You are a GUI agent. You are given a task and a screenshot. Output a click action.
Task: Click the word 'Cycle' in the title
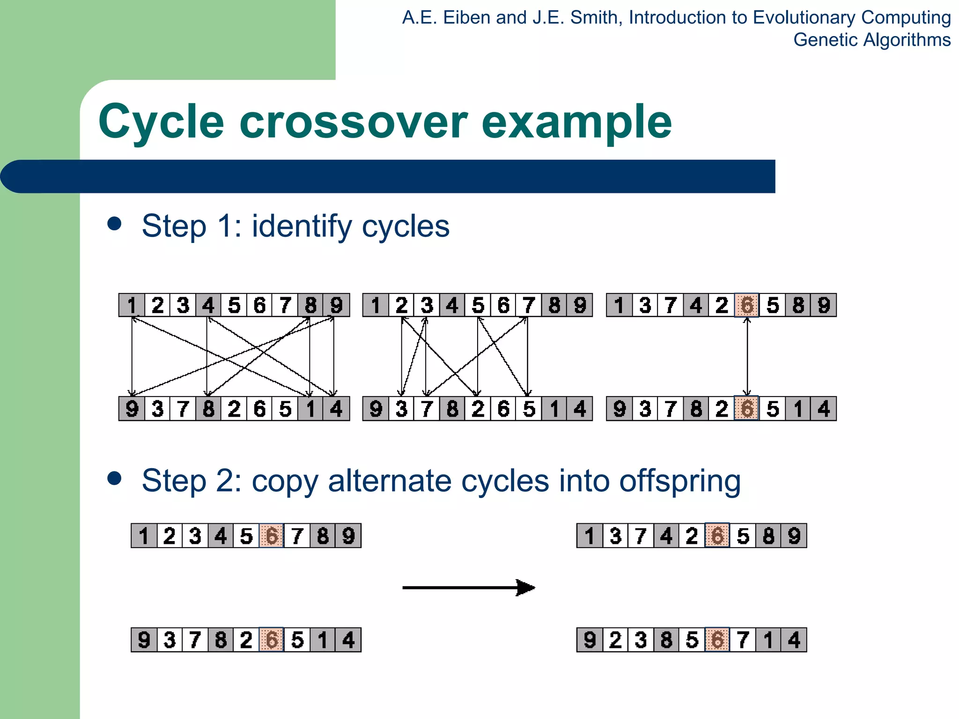(161, 123)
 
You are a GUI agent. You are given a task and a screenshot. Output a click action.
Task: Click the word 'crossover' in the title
(353, 123)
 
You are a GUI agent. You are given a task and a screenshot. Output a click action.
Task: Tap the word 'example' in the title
(576, 123)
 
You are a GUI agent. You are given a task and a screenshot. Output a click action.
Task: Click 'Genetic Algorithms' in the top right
(871, 40)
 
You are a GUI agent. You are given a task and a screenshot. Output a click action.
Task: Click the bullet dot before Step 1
(114, 223)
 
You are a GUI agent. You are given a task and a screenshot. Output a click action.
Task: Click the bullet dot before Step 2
(114, 478)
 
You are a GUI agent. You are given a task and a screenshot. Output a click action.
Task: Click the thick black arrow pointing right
(468, 587)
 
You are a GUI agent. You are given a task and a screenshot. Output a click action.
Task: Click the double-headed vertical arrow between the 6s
(747, 357)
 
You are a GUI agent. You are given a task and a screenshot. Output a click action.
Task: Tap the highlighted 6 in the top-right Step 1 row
(747, 305)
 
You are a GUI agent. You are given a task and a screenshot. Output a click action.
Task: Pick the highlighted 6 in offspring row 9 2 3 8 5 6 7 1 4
(717, 640)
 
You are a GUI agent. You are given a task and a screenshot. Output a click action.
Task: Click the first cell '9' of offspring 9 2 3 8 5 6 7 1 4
(590, 640)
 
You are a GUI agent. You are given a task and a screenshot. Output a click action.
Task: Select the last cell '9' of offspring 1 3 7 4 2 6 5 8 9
(794, 536)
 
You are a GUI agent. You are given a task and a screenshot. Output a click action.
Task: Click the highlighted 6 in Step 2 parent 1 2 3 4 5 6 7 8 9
(272, 536)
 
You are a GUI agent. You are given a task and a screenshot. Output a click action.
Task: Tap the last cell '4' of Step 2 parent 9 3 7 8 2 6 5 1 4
(348, 640)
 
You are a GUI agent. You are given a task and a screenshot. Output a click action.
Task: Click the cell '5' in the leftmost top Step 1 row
(234, 305)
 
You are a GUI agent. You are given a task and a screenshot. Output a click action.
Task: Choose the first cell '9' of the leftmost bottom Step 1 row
(132, 409)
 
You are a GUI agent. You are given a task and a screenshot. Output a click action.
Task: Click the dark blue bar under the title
(389, 176)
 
